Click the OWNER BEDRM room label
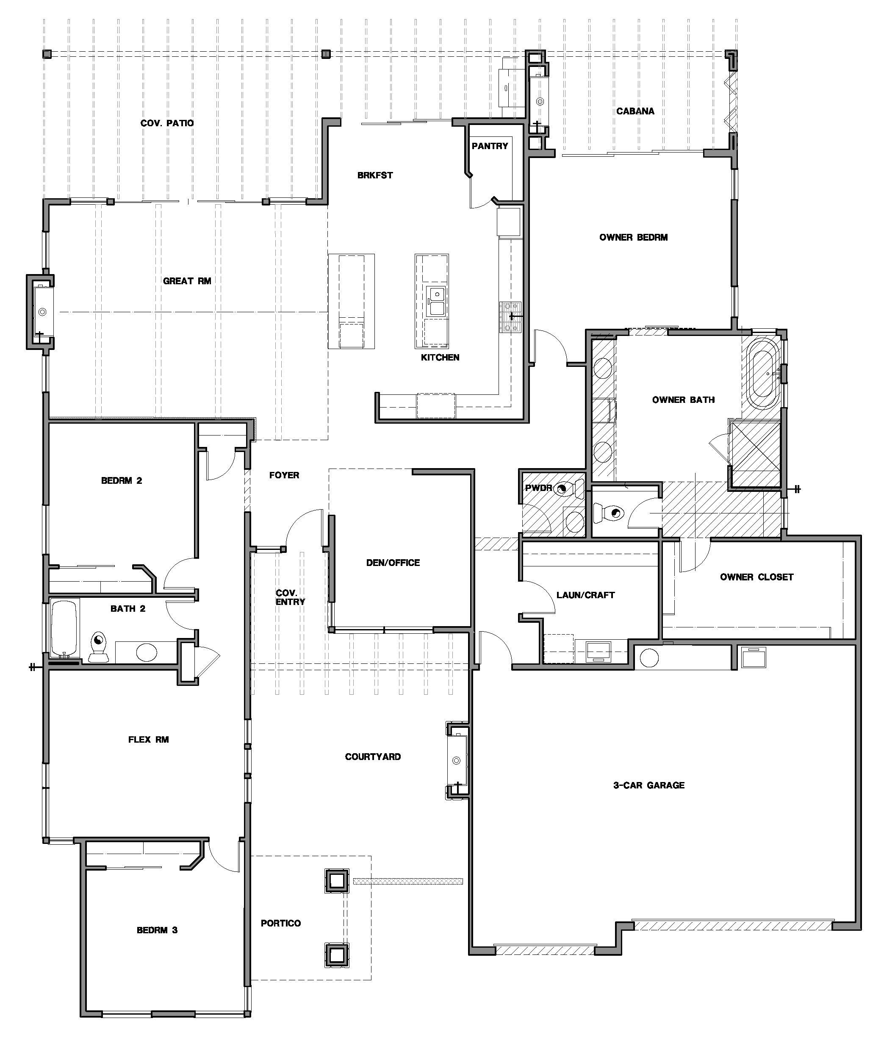click(633, 237)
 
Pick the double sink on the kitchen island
click(435, 301)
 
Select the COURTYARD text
click(372, 757)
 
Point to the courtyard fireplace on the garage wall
click(457, 760)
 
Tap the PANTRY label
click(489, 146)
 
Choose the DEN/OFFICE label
click(393, 563)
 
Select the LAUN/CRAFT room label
click(585, 595)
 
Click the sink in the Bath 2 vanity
click(147, 653)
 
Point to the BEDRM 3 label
click(157, 930)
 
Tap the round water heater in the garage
click(649, 658)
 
